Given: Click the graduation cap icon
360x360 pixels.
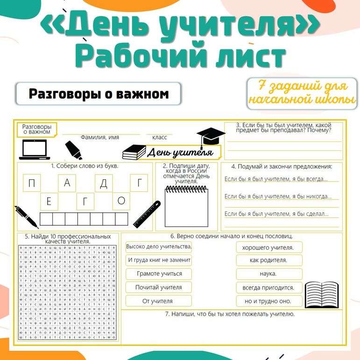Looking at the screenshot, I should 211,136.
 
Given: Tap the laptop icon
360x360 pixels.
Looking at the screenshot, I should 35,149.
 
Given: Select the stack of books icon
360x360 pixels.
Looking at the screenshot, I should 134,151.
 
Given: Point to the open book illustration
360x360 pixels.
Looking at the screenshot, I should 322,294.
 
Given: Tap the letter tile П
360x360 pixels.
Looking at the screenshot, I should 31,184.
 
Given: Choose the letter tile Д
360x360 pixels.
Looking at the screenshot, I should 104,184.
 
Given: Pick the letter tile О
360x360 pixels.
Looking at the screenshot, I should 121,201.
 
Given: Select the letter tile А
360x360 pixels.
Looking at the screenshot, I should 67,183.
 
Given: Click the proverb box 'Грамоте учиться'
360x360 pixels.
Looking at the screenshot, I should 159,274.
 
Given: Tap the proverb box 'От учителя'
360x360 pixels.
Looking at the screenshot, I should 159,301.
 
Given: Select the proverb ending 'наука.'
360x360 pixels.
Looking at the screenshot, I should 268,274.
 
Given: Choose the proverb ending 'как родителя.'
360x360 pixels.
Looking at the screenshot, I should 268,260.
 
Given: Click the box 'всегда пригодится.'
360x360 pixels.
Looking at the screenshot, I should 268,288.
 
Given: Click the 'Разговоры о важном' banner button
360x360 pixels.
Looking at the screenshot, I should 99,94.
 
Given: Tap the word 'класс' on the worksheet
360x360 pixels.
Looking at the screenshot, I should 160,137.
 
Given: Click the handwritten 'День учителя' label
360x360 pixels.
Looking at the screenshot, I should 180,152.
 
